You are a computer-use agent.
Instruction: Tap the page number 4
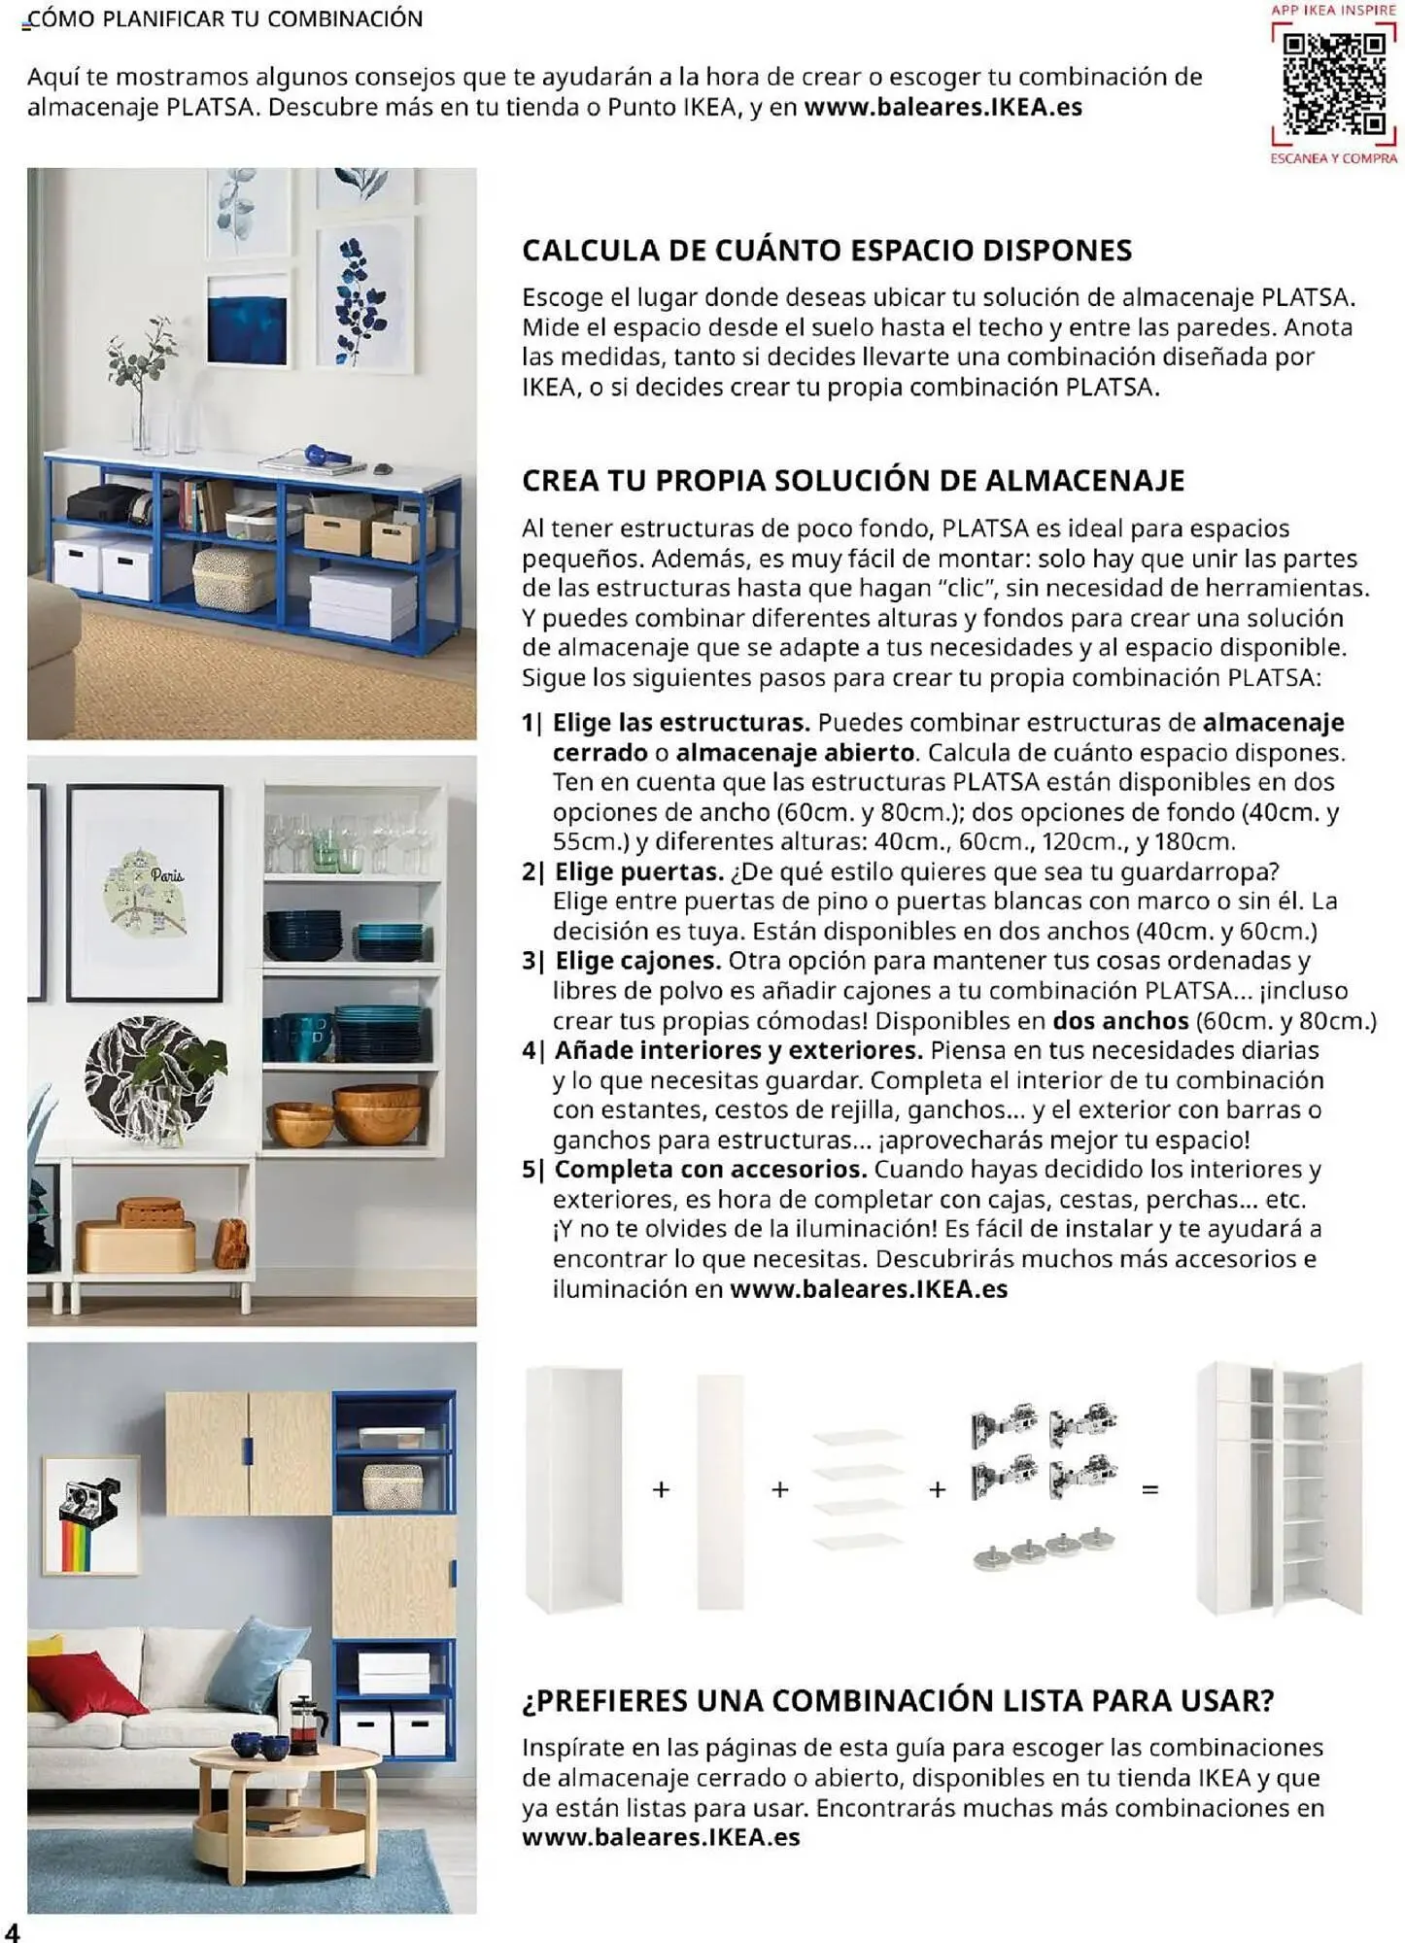pyautogui.click(x=12, y=1929)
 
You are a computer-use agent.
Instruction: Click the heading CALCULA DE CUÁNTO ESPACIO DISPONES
pyautogui.click(x=826, y=251)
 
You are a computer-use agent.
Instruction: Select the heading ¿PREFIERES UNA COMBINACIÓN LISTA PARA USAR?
pyautogui.click(x=897, y=1700)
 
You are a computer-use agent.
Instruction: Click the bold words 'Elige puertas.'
pyautogui.click(x=638, y=871)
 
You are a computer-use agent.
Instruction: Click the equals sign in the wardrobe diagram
pyautogui.click(x=1150, y=1489)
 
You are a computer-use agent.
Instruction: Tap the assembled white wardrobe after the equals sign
pyautogui.click(x=1279, y=1488)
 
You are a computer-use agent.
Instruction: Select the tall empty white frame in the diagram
pyautogui.click(x=573, y=1488)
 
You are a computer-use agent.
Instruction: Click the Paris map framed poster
pyautogui.click(x=145, y=892)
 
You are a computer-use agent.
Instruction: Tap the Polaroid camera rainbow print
pyautogui.click(x=89, y=1520)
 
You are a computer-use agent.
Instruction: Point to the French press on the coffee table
pyautogui.click(x=308, y=1719)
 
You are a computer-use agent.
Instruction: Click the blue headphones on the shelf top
pyautogui.click(x=326, y=454)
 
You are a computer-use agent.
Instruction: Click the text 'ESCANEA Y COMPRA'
pyautogui.click(x=1333, y=158)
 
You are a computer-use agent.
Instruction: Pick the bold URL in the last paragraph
pyautogui.click(x=661, y=1837)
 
